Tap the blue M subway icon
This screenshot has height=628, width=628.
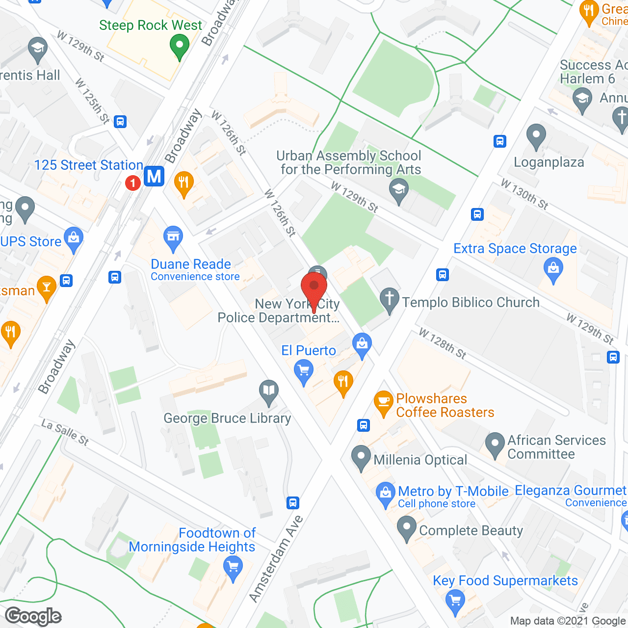[x=154, y=176]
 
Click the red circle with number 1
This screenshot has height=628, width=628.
[x=132, y=183]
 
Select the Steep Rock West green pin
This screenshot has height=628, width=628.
[x=180, y=47]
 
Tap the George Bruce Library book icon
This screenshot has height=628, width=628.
[x=268, y=392]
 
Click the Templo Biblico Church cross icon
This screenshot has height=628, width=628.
[x=390, y=299]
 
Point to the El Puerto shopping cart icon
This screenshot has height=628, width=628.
[x=304, y=371]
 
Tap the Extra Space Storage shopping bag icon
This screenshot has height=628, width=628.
[x=553, y=270]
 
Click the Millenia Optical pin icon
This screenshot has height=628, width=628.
[x=361, y=457]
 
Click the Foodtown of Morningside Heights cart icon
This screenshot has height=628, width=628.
[x=233, y=568]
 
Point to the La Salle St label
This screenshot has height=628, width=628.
[x=65, y=432]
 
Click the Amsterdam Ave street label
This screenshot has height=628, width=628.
[x=276, y=558]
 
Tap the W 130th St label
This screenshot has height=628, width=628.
[x=524, y=194]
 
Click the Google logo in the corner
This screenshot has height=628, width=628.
[x=33, y=616]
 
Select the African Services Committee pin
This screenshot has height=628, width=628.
[x=495, y=444]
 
